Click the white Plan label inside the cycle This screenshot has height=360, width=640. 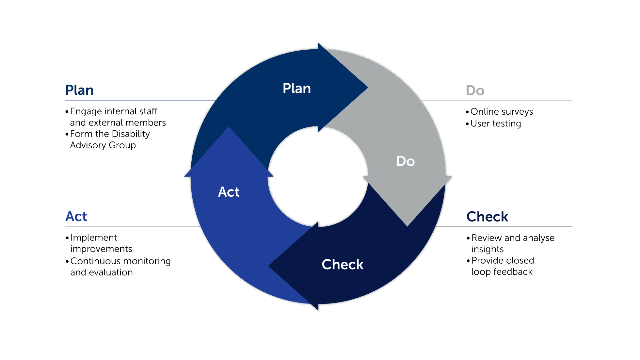pos(296,89)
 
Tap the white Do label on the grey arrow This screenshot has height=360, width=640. pos(405,161)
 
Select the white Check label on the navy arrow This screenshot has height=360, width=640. pos(342,264)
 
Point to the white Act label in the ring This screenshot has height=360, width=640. pos(229,192)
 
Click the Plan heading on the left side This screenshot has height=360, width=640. pos(79,90)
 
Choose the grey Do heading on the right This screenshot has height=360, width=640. pos(475,90)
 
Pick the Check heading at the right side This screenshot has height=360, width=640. pos(487,217)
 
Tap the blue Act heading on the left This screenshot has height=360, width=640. pos(76,216)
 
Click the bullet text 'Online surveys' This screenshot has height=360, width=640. pos(502,112)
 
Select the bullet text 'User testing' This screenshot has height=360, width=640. pos(496,123)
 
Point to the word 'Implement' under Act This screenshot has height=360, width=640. pos(93,237)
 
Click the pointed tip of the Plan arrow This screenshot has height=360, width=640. pos(368,88)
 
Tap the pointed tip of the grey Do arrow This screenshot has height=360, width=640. pos(408,226)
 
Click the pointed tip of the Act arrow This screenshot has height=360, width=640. pos(229,127)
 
